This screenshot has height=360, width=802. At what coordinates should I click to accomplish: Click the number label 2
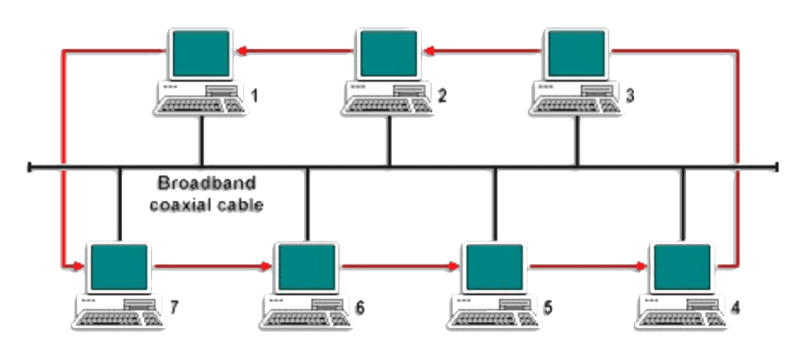(x=441, y=95)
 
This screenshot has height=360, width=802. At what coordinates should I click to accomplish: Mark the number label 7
(x=172, y=308)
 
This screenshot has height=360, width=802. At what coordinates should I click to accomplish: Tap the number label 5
(x=547, y=308)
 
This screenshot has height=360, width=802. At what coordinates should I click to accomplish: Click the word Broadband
(x=206, y=185)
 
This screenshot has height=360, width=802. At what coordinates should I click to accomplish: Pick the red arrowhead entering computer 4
(x=644, y=264)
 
